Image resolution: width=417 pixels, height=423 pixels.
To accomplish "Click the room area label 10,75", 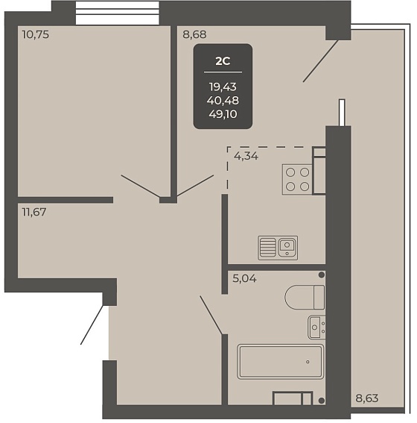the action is coord(36,34).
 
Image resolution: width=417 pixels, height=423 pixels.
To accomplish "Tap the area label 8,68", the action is coord(194,34).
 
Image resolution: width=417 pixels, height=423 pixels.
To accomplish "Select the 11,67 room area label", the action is coord(34,212).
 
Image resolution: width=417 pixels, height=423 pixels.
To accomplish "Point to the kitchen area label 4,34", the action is coord(246,156).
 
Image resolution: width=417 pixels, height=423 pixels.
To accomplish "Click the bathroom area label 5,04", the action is coord(245,278).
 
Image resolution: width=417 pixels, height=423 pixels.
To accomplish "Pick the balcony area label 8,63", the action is coord(367,398).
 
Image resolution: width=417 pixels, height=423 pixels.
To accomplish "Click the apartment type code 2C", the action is coord(223,61).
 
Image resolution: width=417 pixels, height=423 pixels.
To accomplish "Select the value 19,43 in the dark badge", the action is coord(223,87).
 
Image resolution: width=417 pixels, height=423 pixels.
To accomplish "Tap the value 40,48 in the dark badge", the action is coord(223,101).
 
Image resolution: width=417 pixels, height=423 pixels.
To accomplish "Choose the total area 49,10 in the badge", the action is coord(223,114).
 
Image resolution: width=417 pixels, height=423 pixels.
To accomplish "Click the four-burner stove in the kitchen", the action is coord(297,179).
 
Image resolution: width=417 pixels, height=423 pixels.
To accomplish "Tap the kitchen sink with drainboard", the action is coord(278,248).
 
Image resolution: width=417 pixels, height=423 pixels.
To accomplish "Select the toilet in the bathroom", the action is coord(305,297).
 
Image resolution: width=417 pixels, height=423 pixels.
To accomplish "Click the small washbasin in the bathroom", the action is coord(316,328).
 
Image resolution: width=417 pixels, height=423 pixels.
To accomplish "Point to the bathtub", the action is coord(281,362).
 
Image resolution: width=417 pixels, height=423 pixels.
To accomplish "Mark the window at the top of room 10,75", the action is coord(118,13).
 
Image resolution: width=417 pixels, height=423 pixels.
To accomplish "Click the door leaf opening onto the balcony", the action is coord(320,61).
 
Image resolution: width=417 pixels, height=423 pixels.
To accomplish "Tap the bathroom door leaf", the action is coord(211,316).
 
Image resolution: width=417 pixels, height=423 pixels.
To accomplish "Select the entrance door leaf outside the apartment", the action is coord(92,325).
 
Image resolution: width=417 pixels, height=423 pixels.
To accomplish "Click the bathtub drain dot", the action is coord(308,362).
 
